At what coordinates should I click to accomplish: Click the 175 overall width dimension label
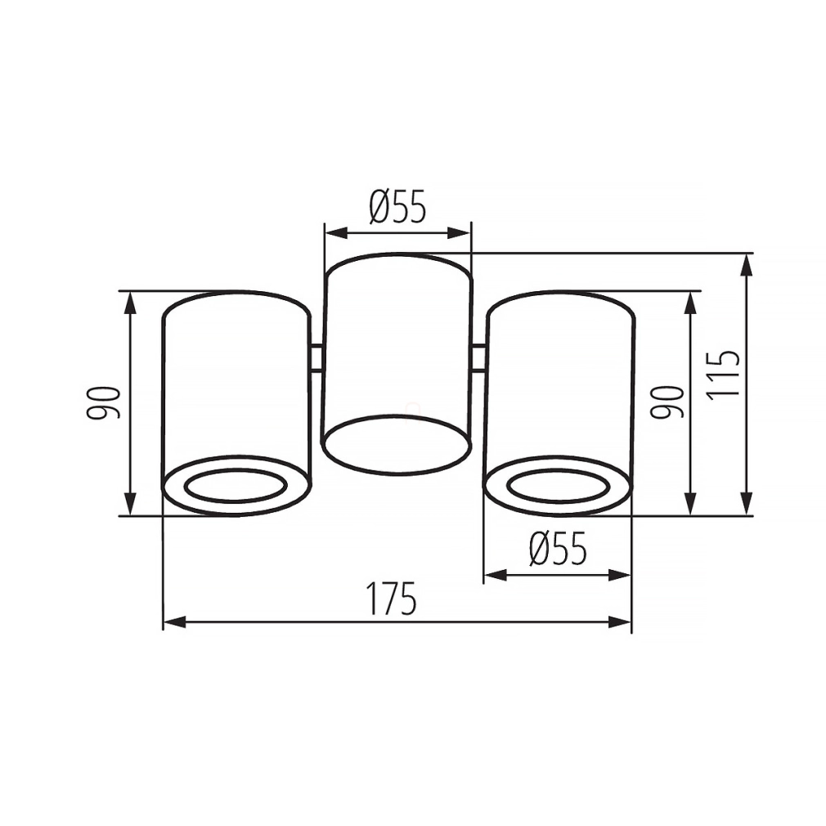(x=392, y=599)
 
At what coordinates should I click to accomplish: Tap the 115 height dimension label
(x=724, y=375)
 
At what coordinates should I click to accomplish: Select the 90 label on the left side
(x=104, y=403)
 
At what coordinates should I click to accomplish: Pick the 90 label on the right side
(x=667, y=402)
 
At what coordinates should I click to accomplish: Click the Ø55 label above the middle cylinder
(x=397, y=206)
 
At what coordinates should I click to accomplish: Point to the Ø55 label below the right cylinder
(x=558, y=549)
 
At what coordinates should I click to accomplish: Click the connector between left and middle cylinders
(x=316, y=358)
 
